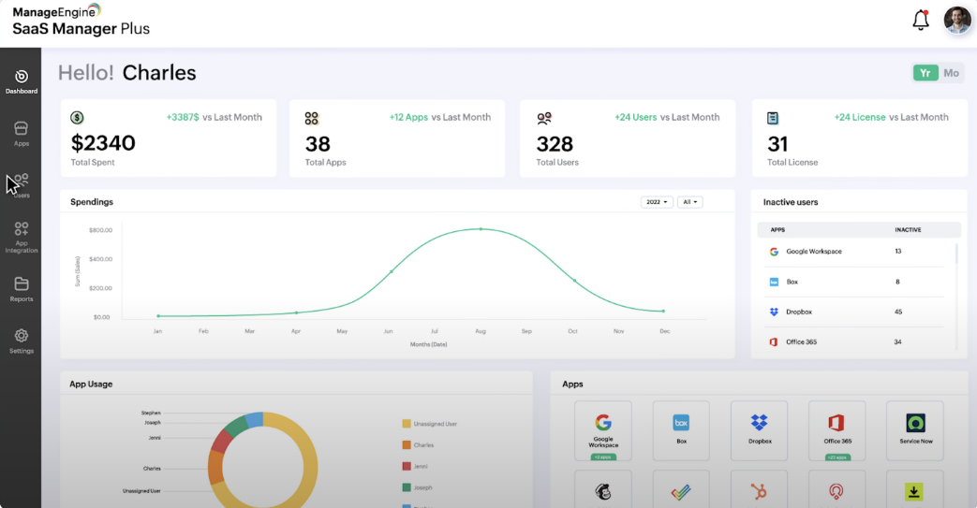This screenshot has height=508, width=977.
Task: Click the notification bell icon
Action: click(920, 20)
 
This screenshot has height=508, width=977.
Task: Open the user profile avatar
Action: click(957, 21)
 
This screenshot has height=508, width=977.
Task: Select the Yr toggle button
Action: click(925, 73)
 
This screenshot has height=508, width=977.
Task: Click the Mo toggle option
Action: click(951, 73)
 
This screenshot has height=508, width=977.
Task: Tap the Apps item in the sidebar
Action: click(21, 134)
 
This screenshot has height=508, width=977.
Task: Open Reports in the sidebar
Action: click(21, 289)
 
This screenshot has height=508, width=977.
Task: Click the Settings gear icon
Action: click(21, 335)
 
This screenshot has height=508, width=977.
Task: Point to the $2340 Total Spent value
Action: click(103, 143)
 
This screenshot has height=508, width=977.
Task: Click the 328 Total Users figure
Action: click(555, 143)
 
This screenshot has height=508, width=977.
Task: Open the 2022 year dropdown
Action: click(657, 202)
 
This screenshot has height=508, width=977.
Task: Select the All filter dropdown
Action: click(690, 202)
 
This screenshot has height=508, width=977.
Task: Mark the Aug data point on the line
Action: click(481, 229)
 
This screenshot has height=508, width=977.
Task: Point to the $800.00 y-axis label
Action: click(100, 230)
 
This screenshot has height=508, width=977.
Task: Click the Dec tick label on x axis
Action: click(663, 331)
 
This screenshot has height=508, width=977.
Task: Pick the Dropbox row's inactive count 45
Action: click(898, 312)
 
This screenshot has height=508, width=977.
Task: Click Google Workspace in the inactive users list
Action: click(813, 252)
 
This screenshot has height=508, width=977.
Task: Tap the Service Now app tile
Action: click(915, 430)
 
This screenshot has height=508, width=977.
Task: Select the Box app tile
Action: click(681, 430)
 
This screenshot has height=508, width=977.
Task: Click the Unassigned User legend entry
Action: click(436, 425)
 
